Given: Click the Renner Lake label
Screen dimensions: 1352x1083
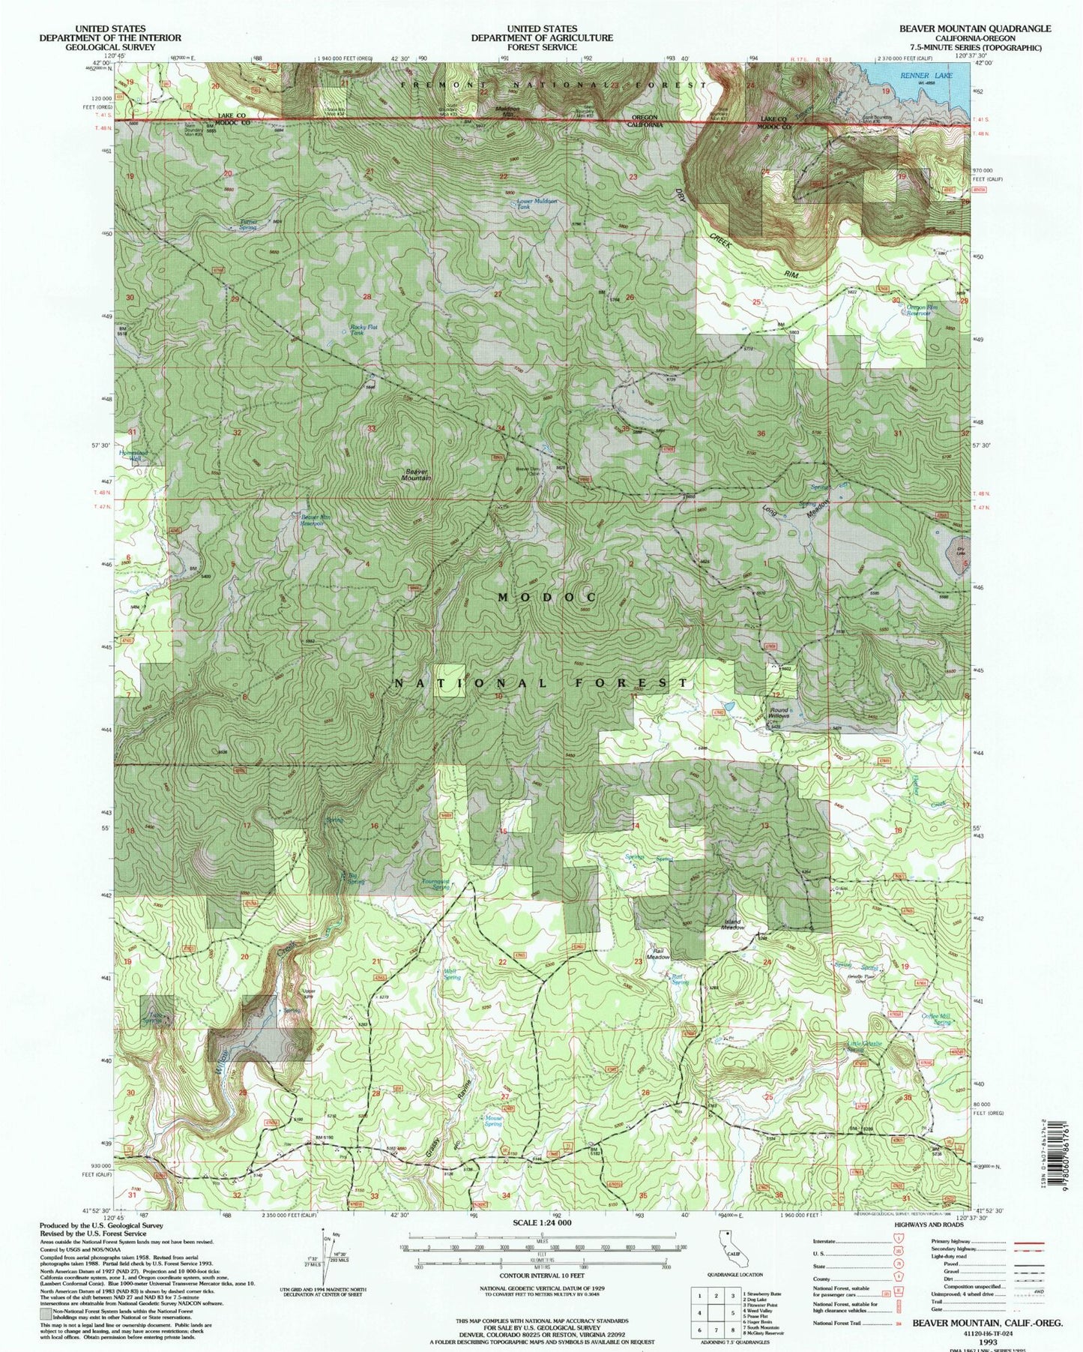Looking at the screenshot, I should pos(915,76).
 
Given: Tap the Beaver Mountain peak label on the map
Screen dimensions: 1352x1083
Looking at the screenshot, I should pos(415,474).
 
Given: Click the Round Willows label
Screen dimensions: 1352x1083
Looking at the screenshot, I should pos(778,712).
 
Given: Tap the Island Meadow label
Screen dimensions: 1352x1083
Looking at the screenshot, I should pos(732,925).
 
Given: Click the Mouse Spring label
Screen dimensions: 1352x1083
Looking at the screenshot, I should pos(492,1121).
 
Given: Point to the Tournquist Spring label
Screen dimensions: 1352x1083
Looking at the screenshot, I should pos(435,884).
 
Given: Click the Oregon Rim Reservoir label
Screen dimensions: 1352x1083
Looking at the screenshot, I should pos(922,310).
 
